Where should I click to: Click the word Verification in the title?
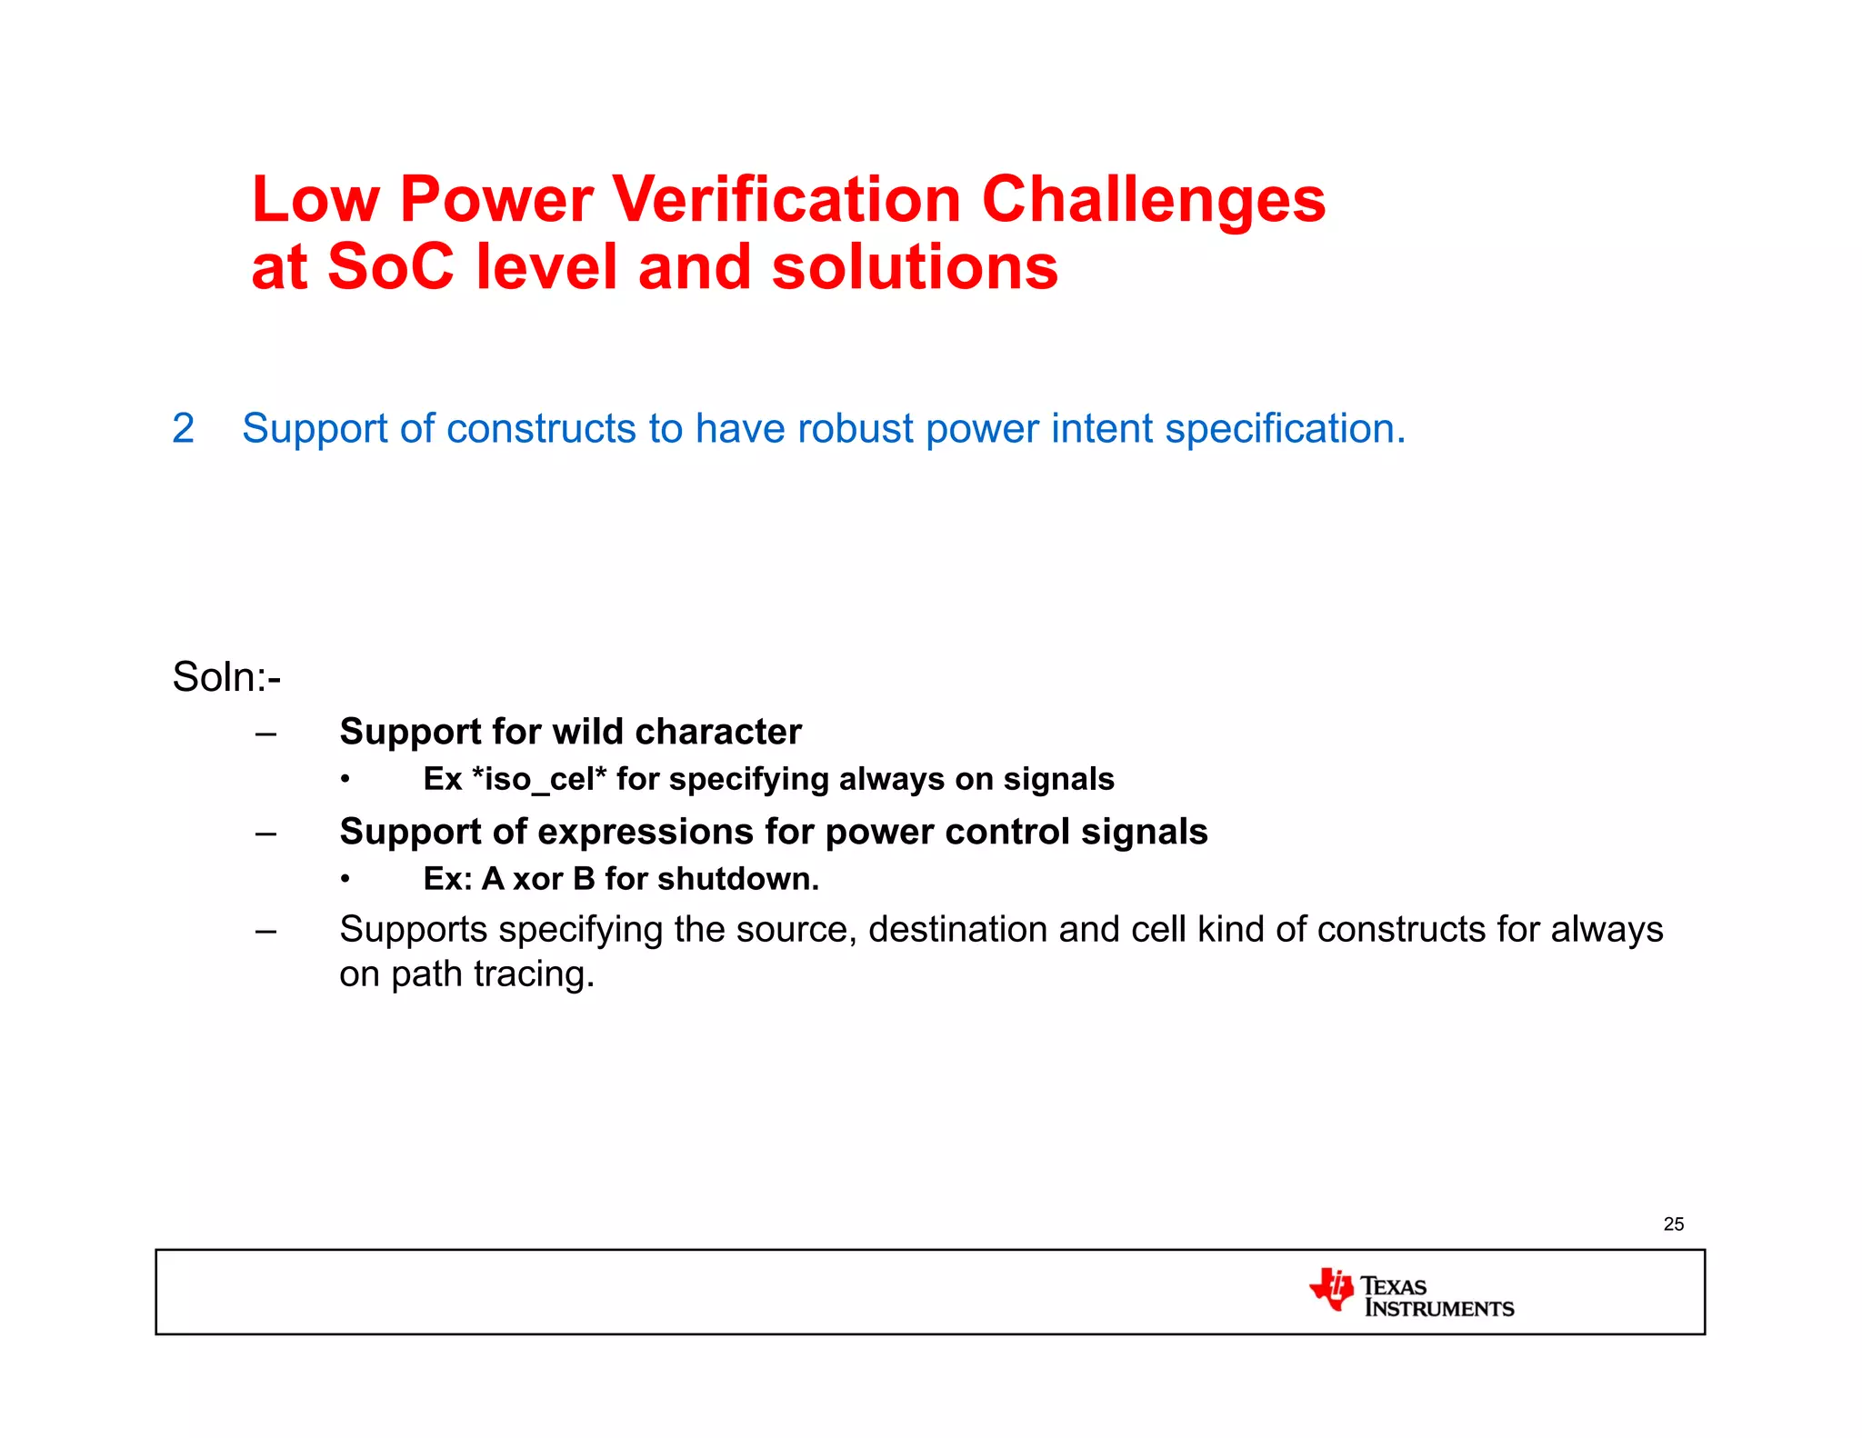pyautogui.click(x=786, y=200)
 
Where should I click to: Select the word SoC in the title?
pyautogui.click(x=390, y=267)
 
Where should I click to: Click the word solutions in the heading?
pyautogui.click(x=915, y=267)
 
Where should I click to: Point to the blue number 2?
pyautogui.click(x=183, y=428)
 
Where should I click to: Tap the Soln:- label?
pyautogui.click(x=226, y=677)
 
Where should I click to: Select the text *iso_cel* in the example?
pyautogui.click(x=538, y=779)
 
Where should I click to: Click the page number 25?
pyautogui.click(x=1673, y=1224)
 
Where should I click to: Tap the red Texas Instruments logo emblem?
pyautogui.click(x=1331, y=1289)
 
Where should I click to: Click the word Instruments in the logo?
pyautogui.click(x=1439, y=1309)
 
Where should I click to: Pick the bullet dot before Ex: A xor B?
pyautogui.click(x=345, y=879)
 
